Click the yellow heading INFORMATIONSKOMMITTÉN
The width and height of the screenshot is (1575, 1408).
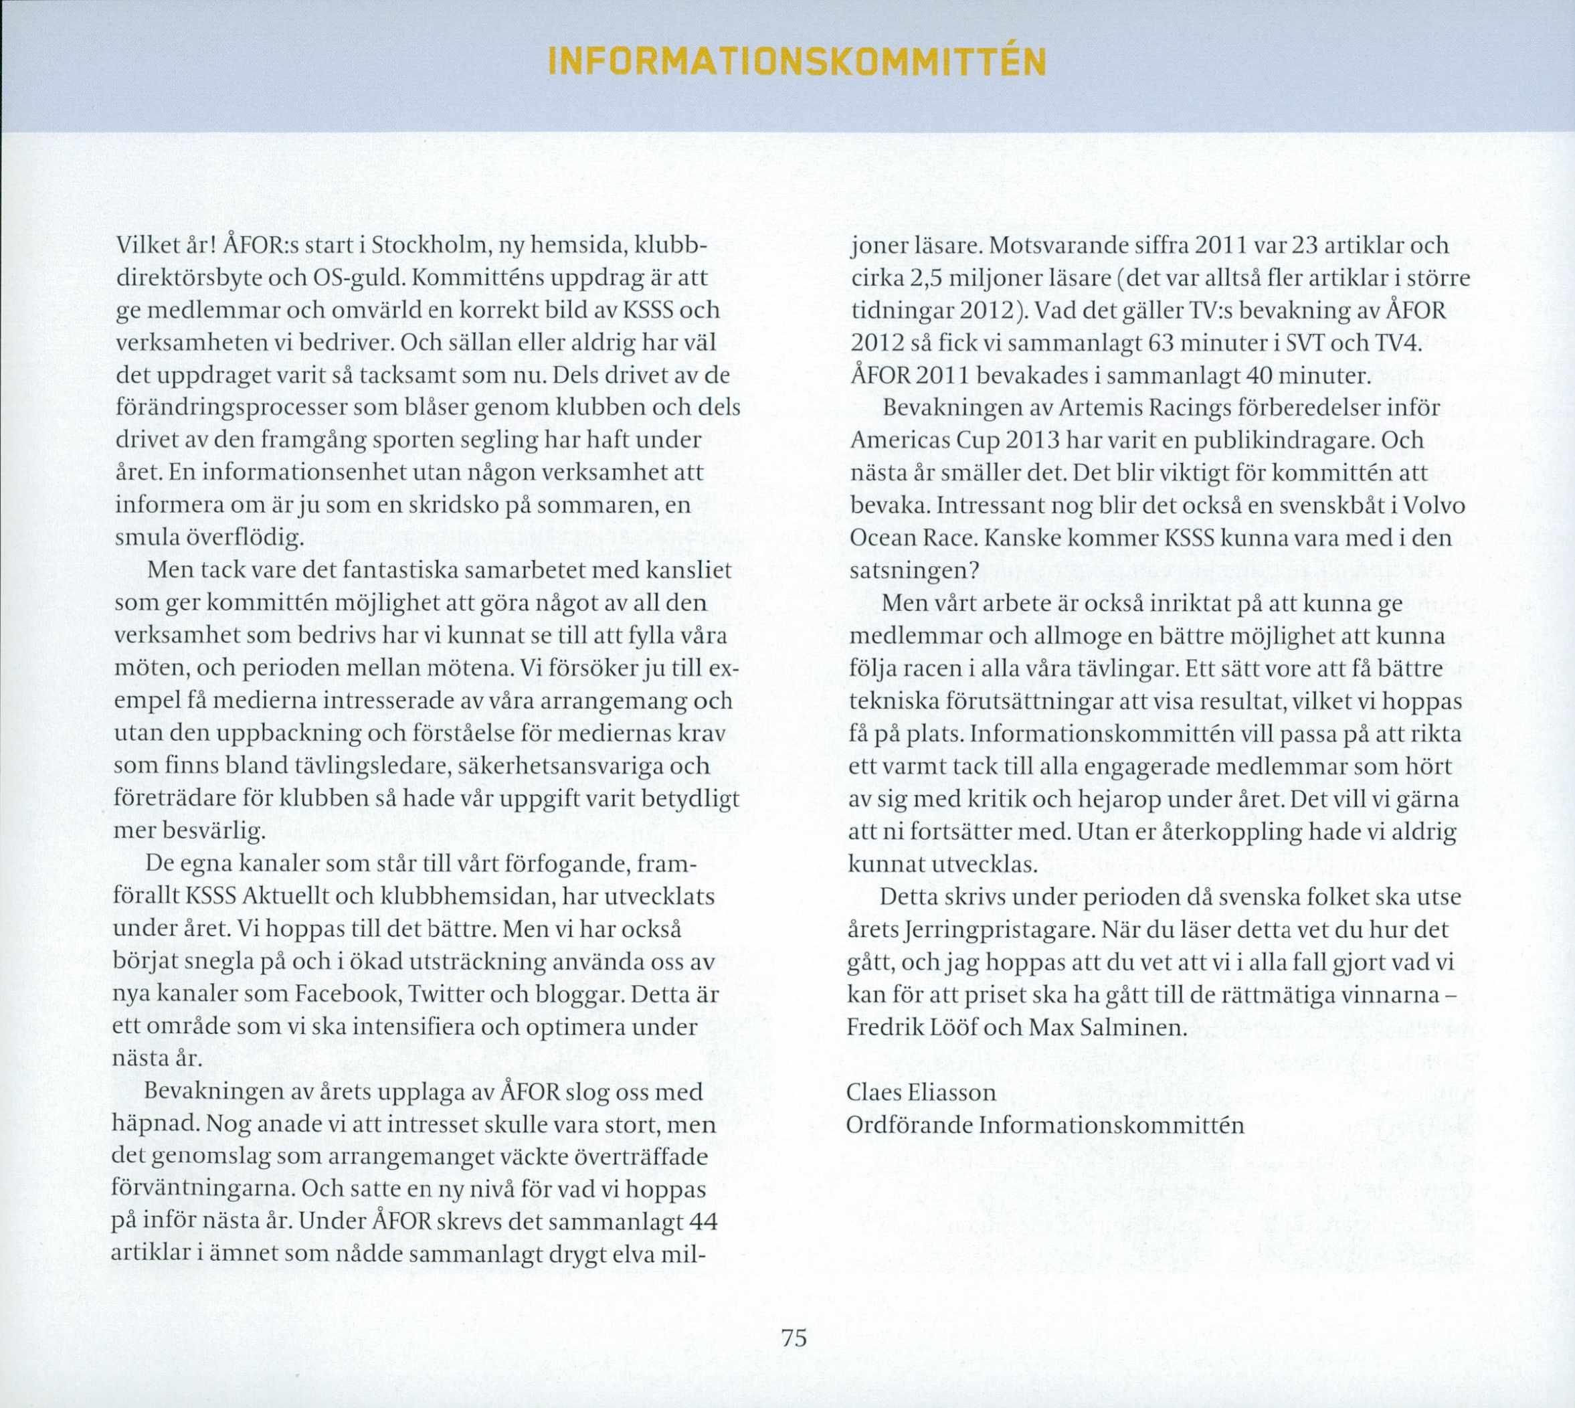[796, 62]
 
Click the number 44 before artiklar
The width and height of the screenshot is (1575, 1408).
[703, 1223]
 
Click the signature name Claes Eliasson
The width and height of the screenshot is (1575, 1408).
[921, 1092]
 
